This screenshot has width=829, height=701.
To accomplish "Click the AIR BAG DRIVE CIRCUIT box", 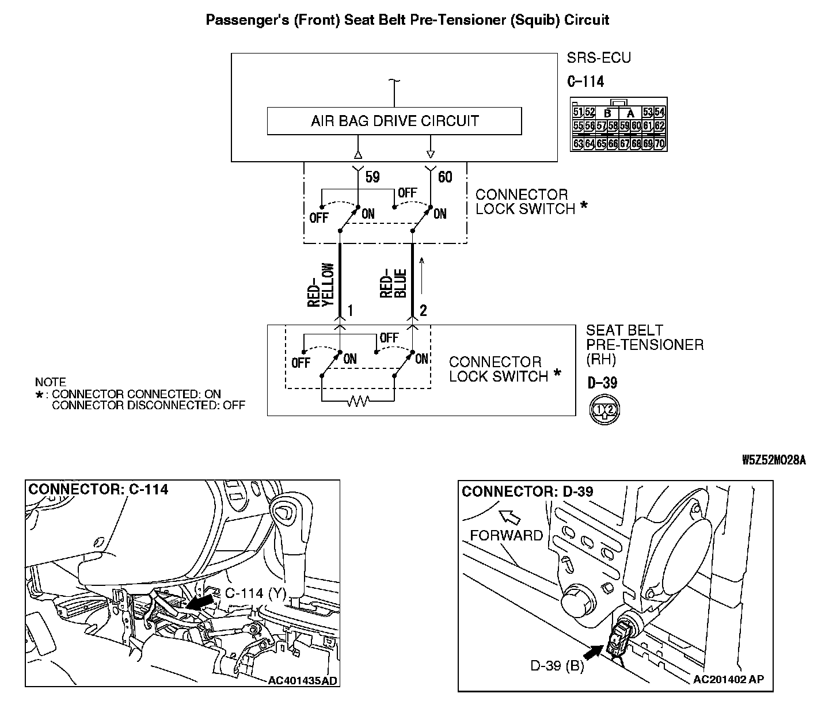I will pyautogui.click(x=394, y=121).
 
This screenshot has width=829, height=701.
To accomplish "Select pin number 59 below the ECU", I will pyautogui.click(x=373, y=177).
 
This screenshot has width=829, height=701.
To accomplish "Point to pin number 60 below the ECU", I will pyautogui.click(x=445, y=177).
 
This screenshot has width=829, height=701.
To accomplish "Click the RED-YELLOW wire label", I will pyautogui.click(x=321, y=285).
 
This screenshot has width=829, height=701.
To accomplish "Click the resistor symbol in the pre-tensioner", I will pyautogui.click(x=358, y=401).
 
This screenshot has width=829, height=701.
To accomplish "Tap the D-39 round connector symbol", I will pyautogui.click(x=604, y=409).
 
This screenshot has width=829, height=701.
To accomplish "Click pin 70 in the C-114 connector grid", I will pyautogui.click(x=659, y=143).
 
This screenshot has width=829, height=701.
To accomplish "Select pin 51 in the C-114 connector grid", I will pyautogui.click(x=579, y=112).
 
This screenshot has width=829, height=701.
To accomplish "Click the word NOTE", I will pyautogui.click(x=50, y=382).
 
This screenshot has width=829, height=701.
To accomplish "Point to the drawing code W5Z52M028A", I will pyautogui.click(x=773, y=460).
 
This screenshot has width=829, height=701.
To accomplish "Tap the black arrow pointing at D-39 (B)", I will pyautogui.click(x=594, y=651).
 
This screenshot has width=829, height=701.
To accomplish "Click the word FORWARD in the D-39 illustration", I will pyautogui.click(x=506, y=535).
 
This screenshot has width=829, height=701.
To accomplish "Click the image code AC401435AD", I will pyautogui.click(x=302, y=681).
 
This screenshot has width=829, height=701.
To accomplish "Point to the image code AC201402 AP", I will pyautogui.click(x=728, y=680).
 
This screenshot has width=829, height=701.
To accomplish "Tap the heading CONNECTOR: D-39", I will pyautogui.click(x=527, y=491).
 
